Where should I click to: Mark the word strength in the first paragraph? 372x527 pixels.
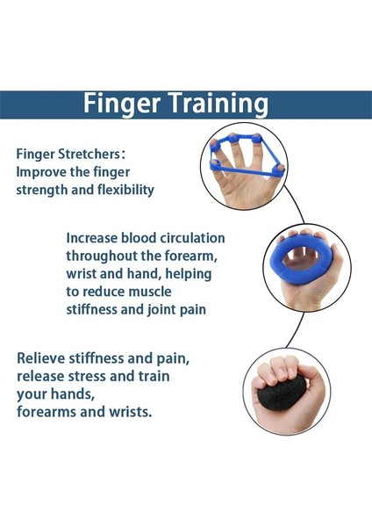coord(43,189)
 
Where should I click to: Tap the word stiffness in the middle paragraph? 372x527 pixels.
coord(96,309)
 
